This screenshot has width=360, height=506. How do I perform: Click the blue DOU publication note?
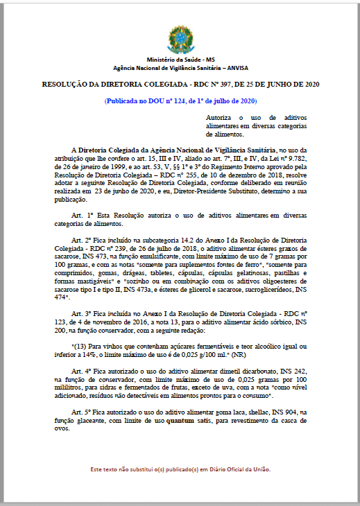[x=180, y=101]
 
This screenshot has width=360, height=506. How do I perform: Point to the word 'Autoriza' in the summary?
[x=220, y=119]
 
